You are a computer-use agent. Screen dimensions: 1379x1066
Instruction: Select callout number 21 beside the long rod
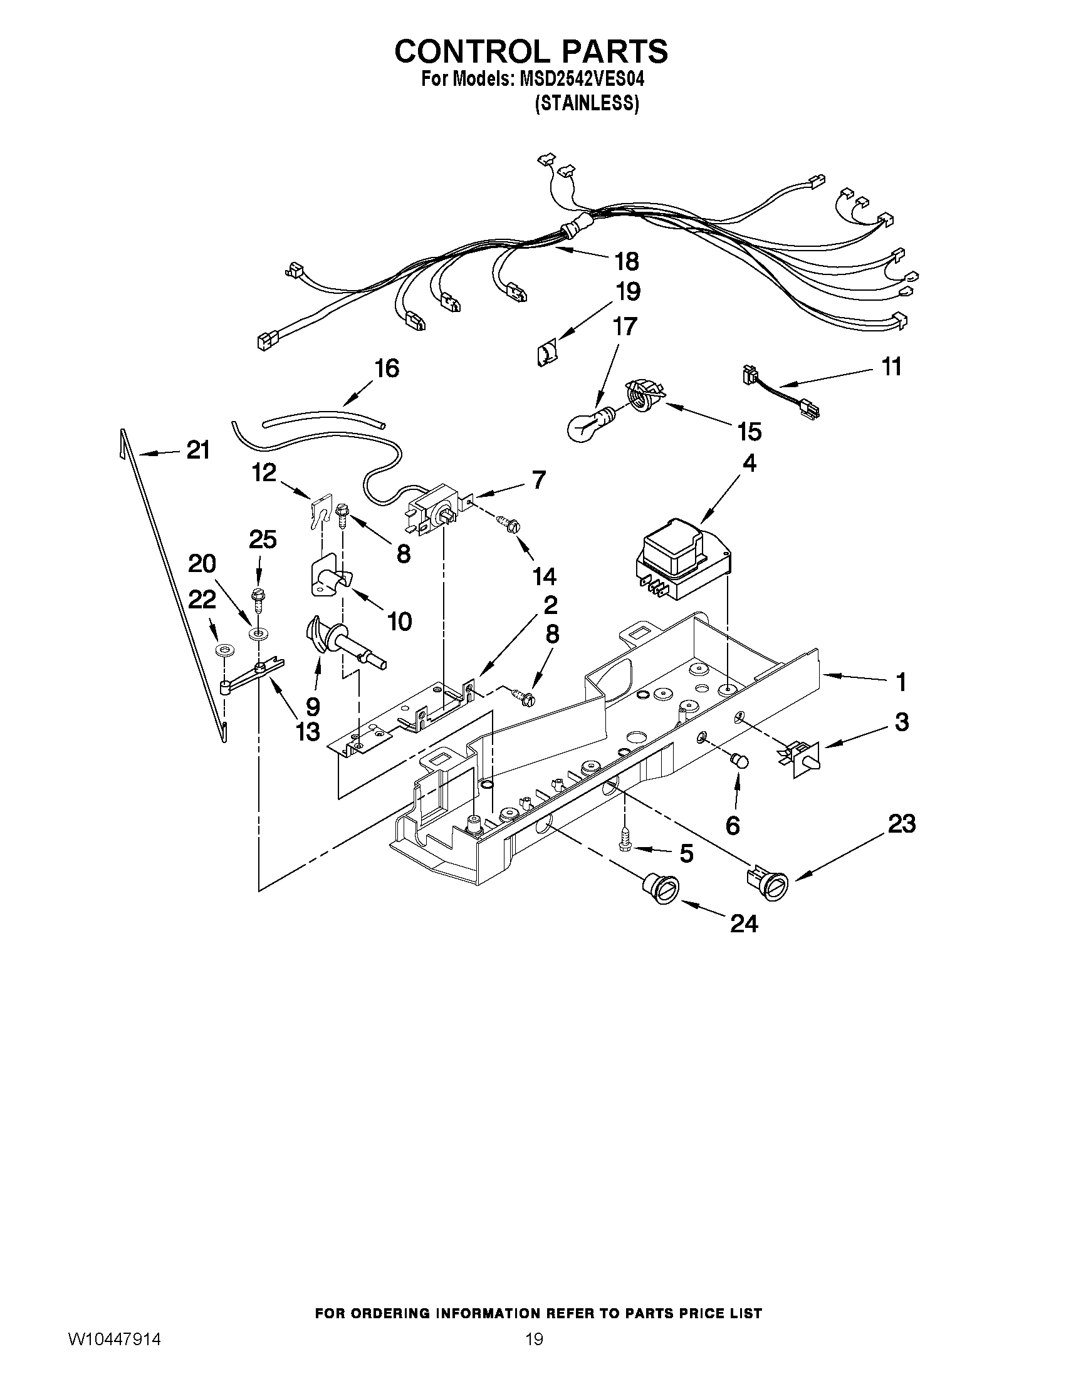click(x=198, y=450)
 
